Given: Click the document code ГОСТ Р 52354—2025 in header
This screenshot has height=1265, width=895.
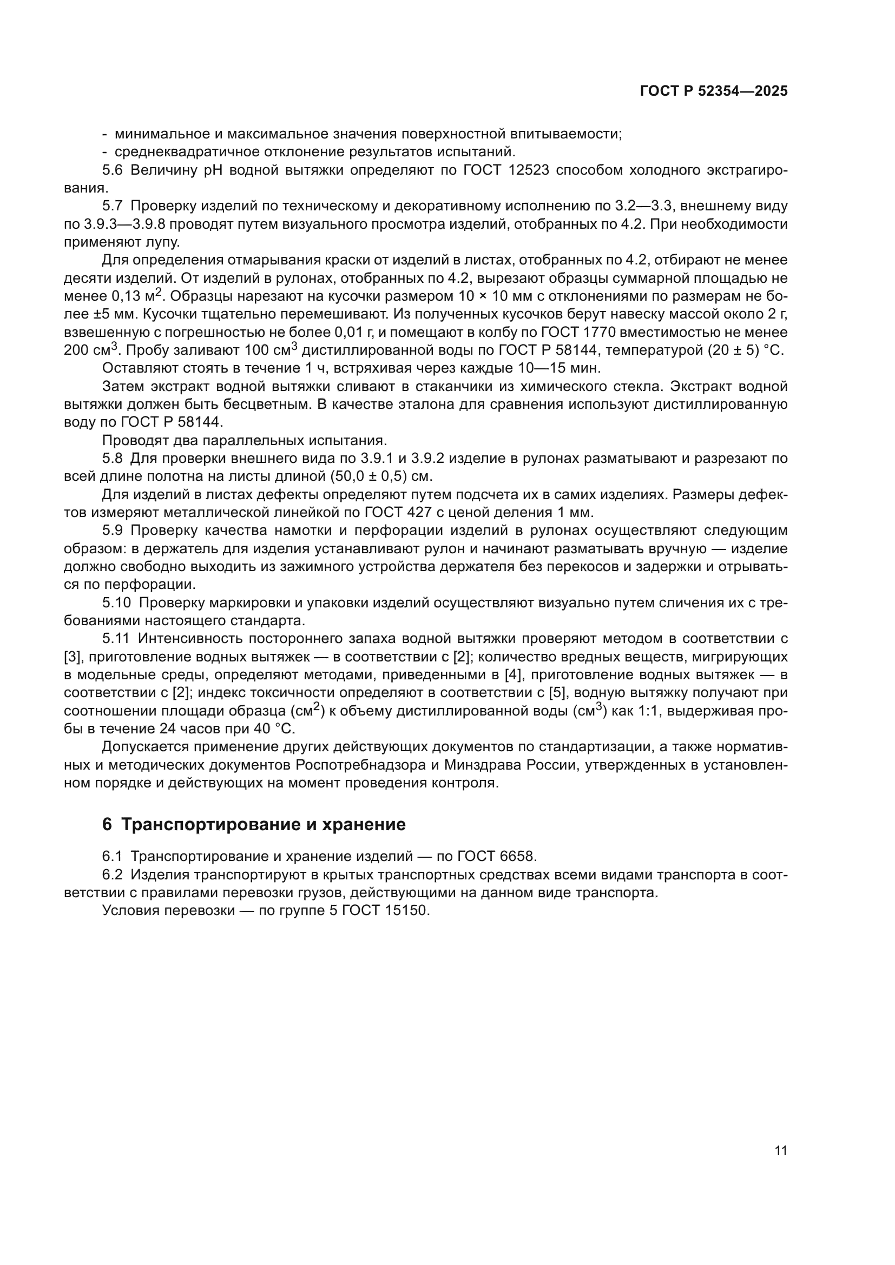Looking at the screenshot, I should click(713, 91).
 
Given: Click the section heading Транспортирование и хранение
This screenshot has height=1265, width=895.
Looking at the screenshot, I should click(263, 824).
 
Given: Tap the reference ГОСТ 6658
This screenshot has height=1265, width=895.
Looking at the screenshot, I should click(495, 856).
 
